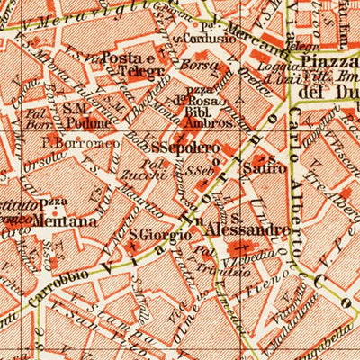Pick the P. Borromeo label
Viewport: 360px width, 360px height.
pos(68,141)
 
